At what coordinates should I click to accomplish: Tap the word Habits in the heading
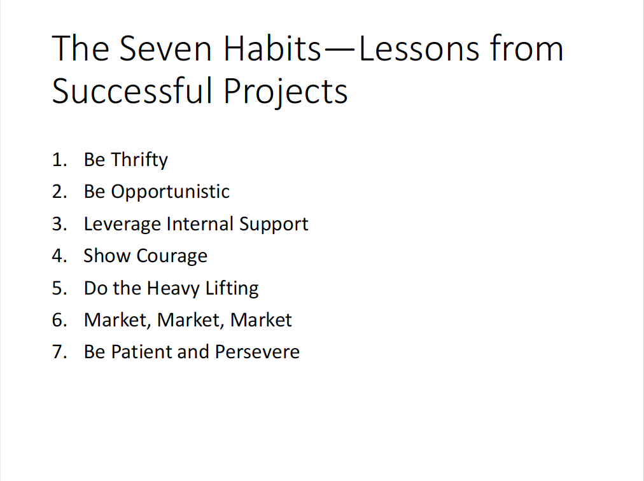[x=272, y=48]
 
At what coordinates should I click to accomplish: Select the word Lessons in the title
[x=419, y=48]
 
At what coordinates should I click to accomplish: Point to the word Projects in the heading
[x=286, y=91]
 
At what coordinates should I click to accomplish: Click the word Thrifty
[x=139, y=160]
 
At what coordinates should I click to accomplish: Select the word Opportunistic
[x=170, y=192]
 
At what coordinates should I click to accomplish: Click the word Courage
[x=172, y=256]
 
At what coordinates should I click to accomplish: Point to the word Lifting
[x=232, y=288]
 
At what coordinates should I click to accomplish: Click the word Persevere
[x=257, y=352]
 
